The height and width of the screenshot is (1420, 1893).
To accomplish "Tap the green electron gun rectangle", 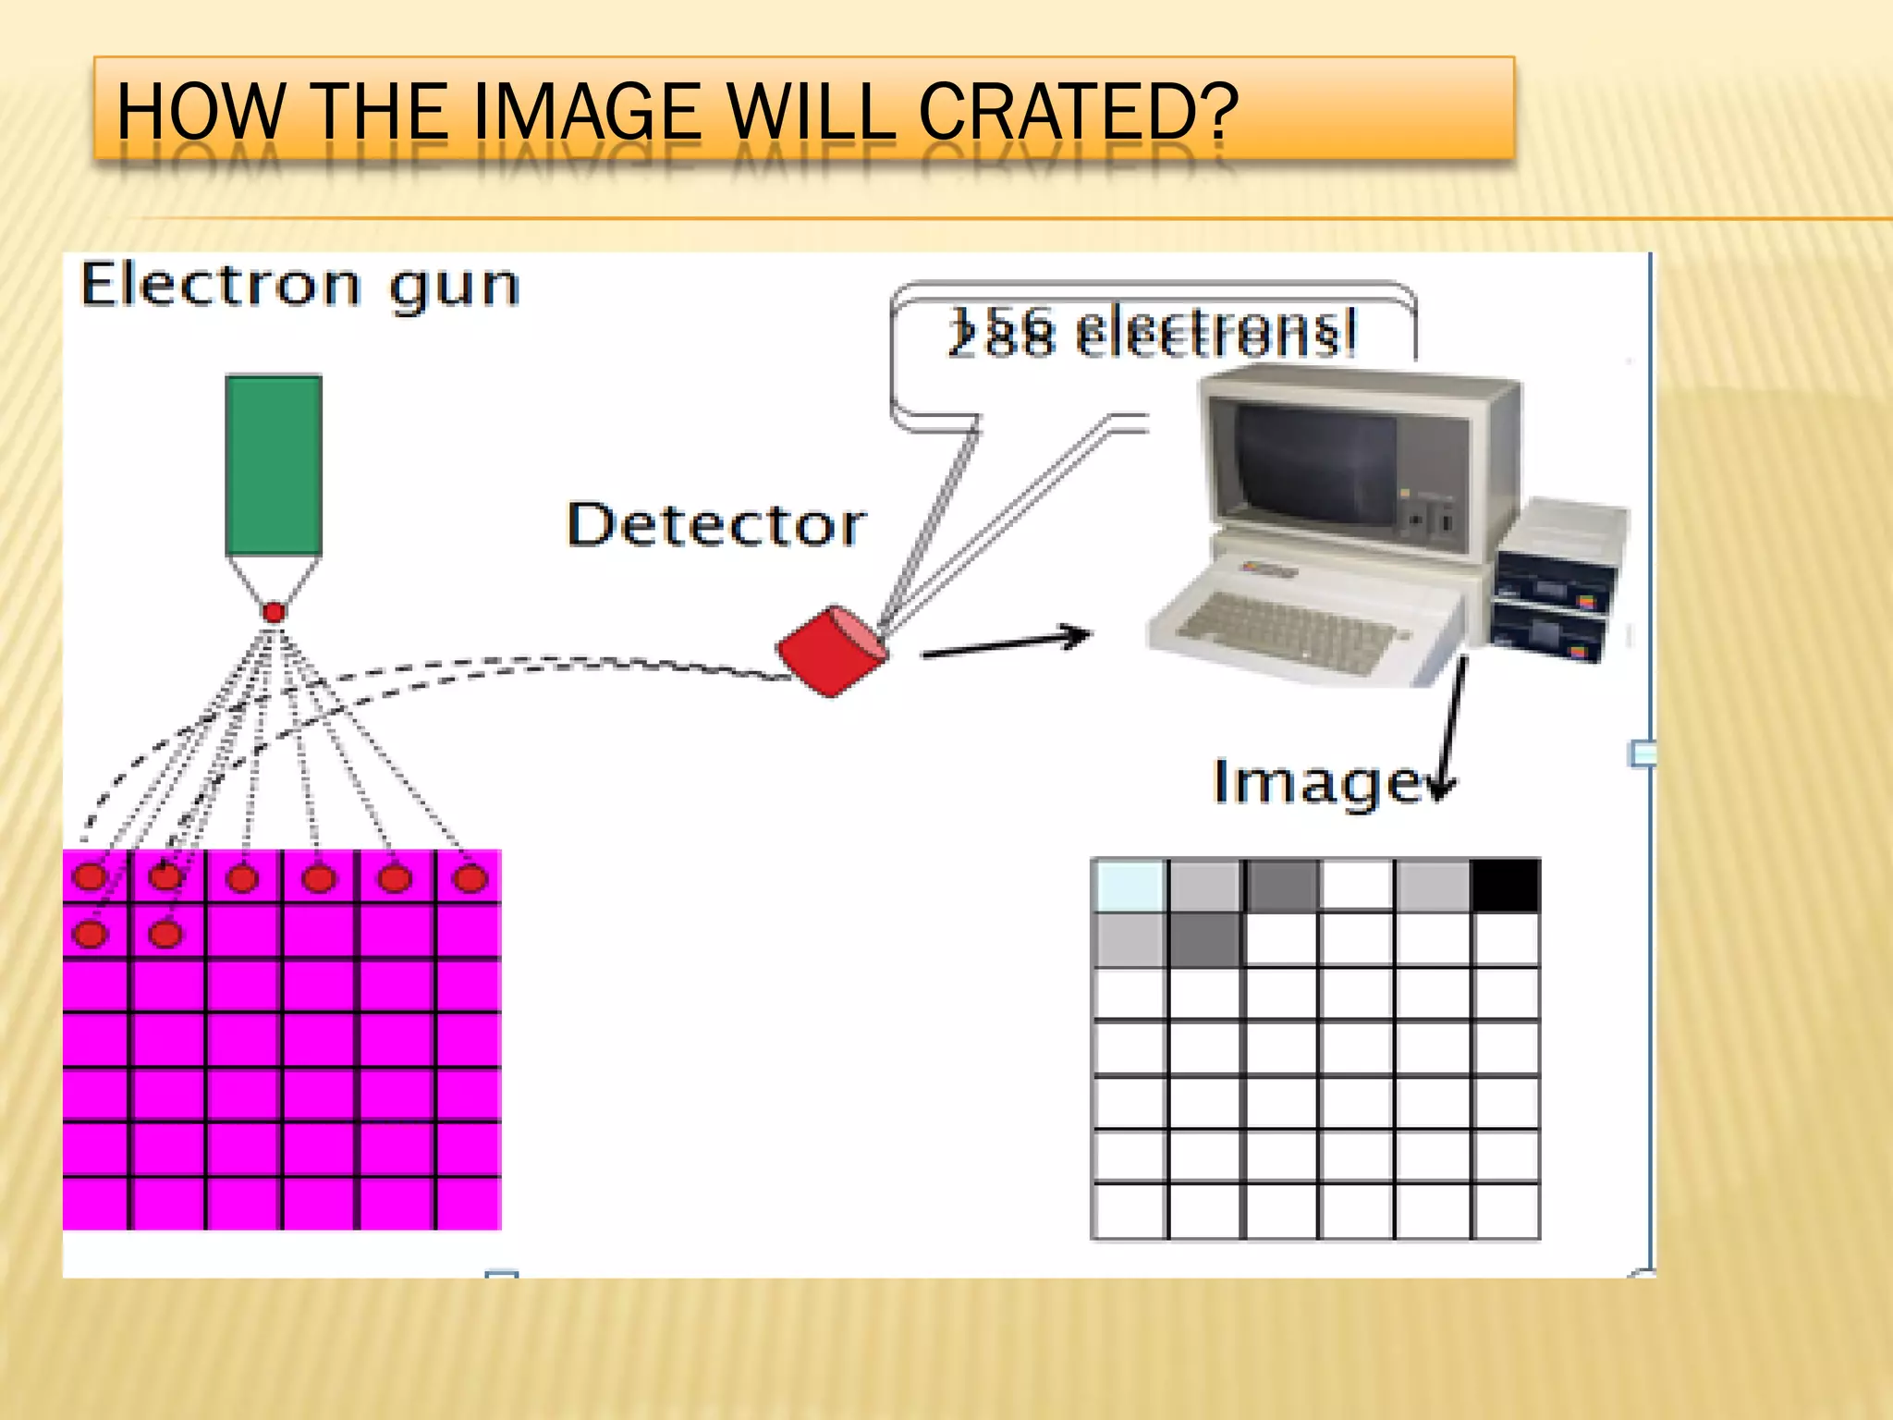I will pos(274,465).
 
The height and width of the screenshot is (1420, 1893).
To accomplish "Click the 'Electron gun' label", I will pos(299,286).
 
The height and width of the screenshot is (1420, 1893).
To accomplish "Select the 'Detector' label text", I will pos(716,525).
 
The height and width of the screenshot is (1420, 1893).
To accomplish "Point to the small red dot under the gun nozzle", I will pos(274,612).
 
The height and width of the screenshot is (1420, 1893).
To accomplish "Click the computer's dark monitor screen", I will pos(1317,462).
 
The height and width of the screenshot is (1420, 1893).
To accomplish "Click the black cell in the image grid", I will pos(1506,886).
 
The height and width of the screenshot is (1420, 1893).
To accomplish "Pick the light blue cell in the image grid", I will pos(1130,886).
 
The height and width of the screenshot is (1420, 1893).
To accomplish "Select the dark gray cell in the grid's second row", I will pos(1205,939).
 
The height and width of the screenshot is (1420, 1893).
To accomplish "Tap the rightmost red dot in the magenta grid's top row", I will pos(470,877).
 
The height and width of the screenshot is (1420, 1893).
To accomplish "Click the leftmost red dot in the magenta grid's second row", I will pos(90,934).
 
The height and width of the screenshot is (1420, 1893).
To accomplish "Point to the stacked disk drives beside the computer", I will pos(1557,582).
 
